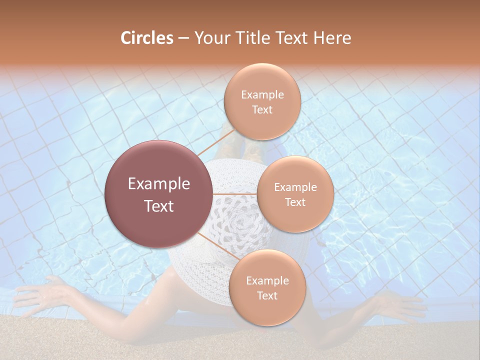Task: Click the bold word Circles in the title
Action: click(146, 38)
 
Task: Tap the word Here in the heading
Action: click(333, 38)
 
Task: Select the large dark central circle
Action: click(159, 194)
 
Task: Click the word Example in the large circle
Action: click(159, 183)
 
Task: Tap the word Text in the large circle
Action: click(159, 205)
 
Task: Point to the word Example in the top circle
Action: click(262, 94)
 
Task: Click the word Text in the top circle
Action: click(262, 109)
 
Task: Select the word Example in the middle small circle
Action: click(295, 187)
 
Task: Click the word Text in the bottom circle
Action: click(267, 295)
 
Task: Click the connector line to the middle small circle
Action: click(235, 193)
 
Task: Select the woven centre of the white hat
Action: click(240, 220)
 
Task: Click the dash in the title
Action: click(183, 38)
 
